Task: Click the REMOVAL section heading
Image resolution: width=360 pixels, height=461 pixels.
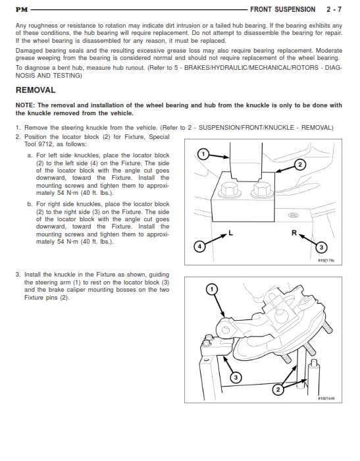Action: point(36,90)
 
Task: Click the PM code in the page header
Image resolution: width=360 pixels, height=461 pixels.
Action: point(22,10)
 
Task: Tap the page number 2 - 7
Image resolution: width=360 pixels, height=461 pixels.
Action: point(334,9)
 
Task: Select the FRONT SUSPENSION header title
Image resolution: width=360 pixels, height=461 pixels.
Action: point(283,9)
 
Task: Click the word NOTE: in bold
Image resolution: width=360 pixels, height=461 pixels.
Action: point(25,105)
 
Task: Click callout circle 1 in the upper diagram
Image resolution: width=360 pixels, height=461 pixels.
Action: point(203,153)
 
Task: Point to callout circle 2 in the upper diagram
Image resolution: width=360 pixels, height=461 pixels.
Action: point(300,165)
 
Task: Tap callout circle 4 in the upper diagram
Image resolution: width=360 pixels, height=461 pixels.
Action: point(199,246)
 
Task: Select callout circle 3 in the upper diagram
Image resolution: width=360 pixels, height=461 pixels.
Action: point(321,247)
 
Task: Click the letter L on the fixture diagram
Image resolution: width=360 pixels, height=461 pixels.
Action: point(231,233)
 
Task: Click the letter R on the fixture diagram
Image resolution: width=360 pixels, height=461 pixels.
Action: point(294,233)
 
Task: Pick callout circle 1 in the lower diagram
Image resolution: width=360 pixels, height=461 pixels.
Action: point(212,289)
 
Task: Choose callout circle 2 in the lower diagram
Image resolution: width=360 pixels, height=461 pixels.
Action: point(278,390)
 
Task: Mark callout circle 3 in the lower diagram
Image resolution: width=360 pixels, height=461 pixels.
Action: point(236,377)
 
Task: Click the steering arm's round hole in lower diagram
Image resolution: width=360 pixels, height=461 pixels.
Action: point(226,329)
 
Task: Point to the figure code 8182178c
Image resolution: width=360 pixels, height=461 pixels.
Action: point(326,261)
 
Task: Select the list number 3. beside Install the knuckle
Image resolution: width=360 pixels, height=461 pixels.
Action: point(18,275)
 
